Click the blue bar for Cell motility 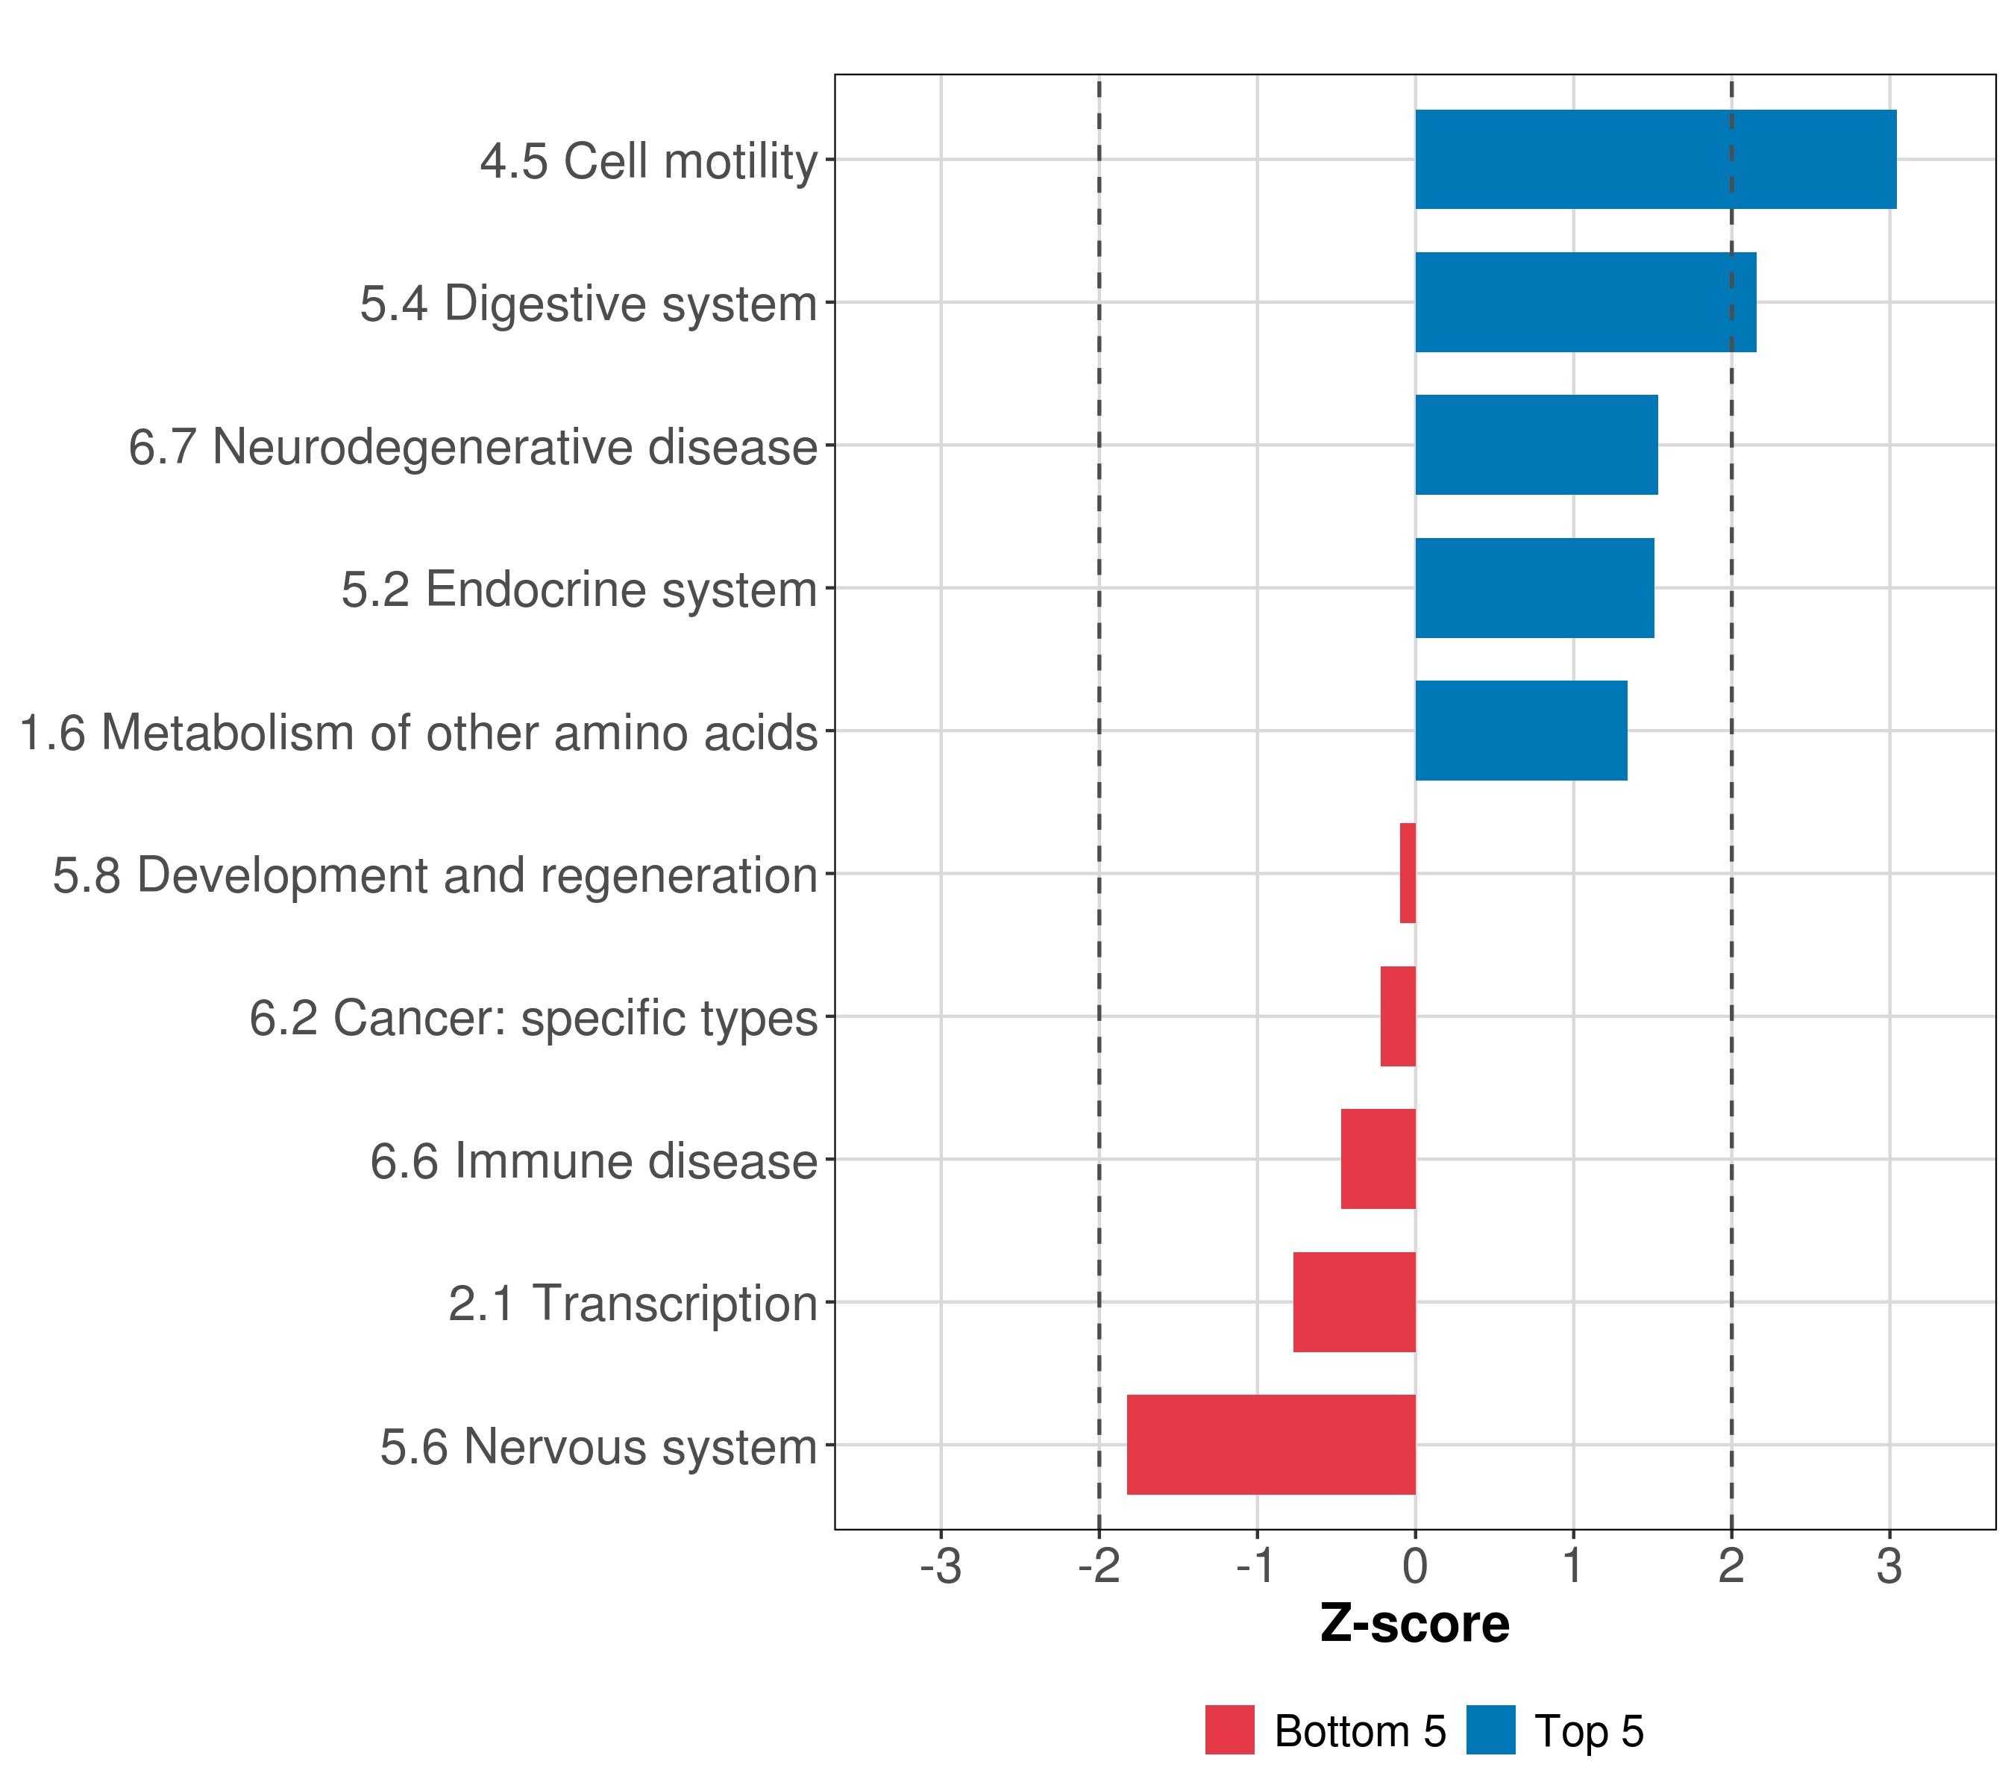tap(1655, 160)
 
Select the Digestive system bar tap(1585, 303)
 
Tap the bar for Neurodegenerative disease tap(1536, 445)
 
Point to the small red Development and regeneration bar tap(1408, 873)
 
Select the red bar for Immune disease tap(1378, 1159)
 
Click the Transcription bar tap(1354, 1302)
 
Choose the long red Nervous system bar tap(1271, 1445)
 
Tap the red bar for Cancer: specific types tap(1398, 1016)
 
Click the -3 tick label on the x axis tap(940, 1566)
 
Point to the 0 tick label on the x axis tap(1415, 1566)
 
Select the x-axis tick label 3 tap(1889, 1566)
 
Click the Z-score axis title tap(1415, 1625)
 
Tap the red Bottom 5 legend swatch tap(1230, 1730)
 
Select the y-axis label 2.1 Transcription tap(633, 1304)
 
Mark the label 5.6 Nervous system tap(598, 1447)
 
